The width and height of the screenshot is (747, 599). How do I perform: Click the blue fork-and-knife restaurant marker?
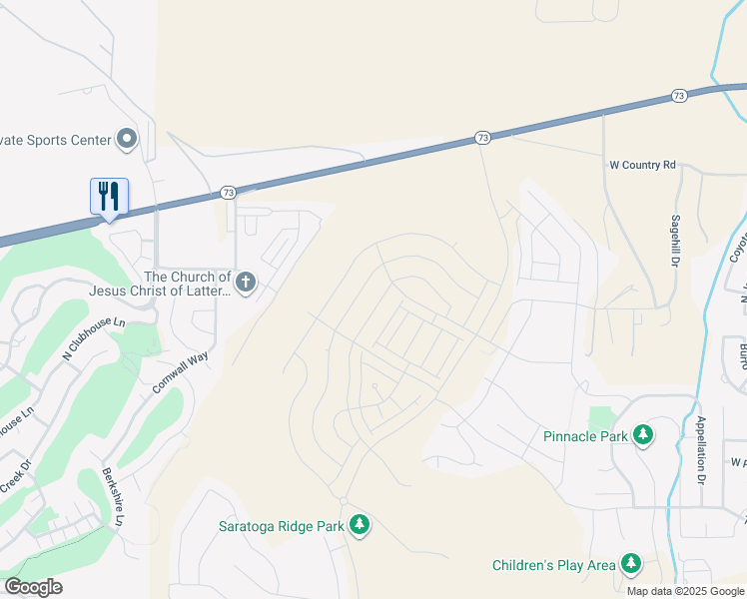tap(109, 195)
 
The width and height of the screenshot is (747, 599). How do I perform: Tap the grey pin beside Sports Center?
tap(127, 139)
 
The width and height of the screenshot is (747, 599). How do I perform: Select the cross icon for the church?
tap(246, 283)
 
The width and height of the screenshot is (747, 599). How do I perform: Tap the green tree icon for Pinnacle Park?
tap(645, 435)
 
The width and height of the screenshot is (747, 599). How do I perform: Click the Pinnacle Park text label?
tap(585, 436)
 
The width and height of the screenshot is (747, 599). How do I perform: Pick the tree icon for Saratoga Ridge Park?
tap(360, 525)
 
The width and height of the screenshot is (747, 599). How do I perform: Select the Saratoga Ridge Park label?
tap(281, 525)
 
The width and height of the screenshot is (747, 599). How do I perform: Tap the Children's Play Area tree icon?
tap(631, 565)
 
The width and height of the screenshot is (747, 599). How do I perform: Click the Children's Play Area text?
tap(554, 565)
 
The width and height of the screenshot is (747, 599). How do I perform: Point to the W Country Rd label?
tap(643, 164)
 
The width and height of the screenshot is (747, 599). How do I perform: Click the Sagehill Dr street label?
tap(676, 240)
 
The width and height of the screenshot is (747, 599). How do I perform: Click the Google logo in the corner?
tap(33, 587)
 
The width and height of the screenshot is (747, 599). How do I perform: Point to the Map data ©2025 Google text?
tap(684, 591)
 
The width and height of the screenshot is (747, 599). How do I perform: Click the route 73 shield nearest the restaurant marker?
tap(228, 192)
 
